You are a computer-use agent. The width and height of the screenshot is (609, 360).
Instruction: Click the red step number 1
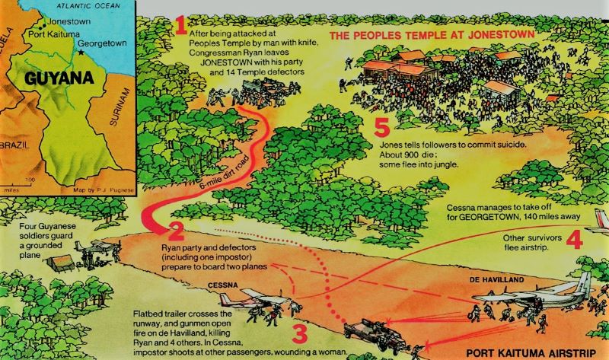181,25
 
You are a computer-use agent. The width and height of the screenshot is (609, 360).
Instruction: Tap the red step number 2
176,232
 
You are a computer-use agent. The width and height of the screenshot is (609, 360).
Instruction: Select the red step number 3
300,334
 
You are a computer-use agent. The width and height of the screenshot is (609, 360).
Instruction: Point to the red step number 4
575,239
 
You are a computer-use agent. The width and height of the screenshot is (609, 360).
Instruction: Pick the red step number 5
382,127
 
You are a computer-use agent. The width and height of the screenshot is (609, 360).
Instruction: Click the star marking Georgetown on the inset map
81,52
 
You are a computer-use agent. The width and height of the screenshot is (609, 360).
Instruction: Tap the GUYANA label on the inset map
59,78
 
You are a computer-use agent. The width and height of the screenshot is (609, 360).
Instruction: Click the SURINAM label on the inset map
120,107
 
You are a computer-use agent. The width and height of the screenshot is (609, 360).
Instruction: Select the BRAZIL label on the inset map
14,145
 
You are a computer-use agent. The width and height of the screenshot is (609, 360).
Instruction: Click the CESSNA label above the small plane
222,285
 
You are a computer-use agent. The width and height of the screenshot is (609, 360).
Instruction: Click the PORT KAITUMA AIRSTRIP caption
531,353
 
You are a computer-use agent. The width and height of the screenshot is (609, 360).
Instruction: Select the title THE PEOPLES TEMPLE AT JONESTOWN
432,35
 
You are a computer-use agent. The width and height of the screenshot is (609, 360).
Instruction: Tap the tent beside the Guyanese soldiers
61,263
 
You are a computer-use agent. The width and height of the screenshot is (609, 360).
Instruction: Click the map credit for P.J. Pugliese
104,190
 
